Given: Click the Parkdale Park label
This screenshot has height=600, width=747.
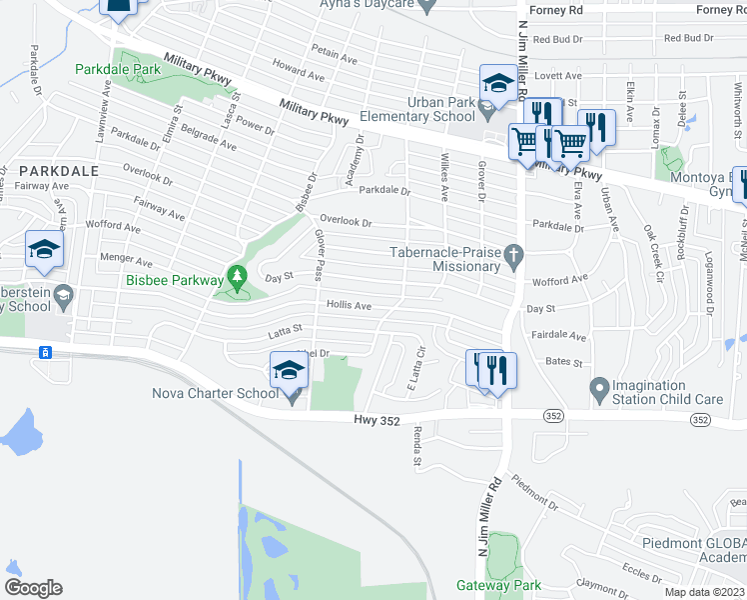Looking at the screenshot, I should click(118, 70).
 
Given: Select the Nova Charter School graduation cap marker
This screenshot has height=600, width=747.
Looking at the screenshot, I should click(288, 371).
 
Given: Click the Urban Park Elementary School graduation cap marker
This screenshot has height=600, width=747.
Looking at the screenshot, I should click(497, 83).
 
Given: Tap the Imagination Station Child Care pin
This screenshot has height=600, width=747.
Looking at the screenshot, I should click(599, 386).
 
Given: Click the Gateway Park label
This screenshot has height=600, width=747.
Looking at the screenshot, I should click(498, 585).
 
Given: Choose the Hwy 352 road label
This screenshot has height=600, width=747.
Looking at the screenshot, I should click(376, 421).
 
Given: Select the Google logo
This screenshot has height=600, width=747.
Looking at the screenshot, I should click(33, 587).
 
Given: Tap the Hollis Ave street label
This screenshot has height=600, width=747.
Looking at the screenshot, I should click(349, 305).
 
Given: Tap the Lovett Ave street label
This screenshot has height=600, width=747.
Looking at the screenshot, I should click(558, 76).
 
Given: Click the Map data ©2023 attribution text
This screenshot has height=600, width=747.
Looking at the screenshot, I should click(704, 592).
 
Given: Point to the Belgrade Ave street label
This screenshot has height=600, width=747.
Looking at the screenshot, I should click(208, 137).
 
